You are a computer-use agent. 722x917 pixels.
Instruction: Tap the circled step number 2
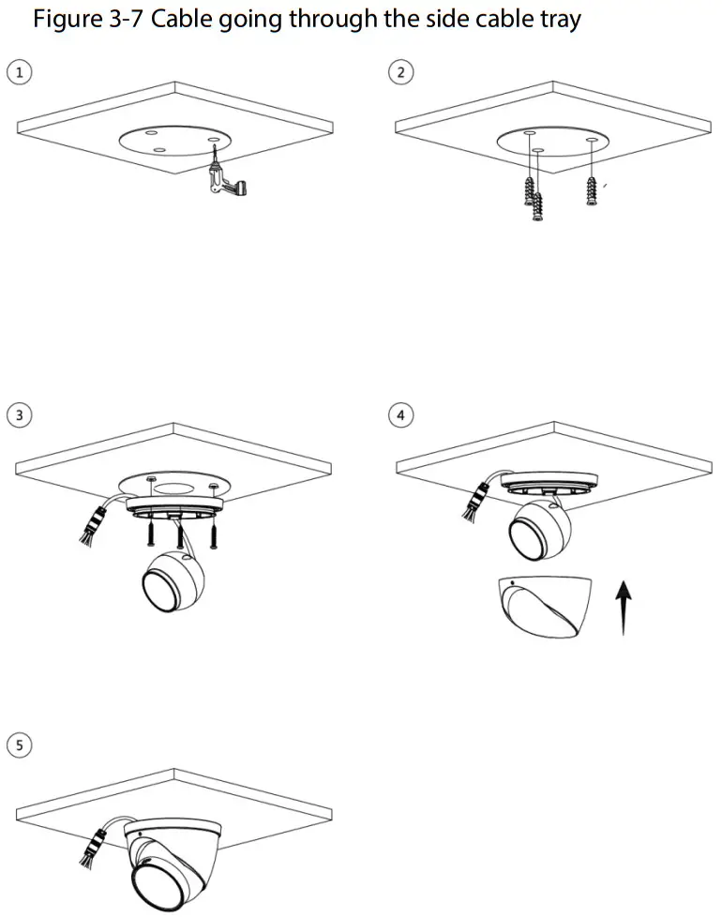pos(402,72)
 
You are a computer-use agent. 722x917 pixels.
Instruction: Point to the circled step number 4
pos(402,414)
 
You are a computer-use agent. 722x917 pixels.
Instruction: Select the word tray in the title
pos(556,19)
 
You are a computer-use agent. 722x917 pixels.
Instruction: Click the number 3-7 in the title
pos(128,19)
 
